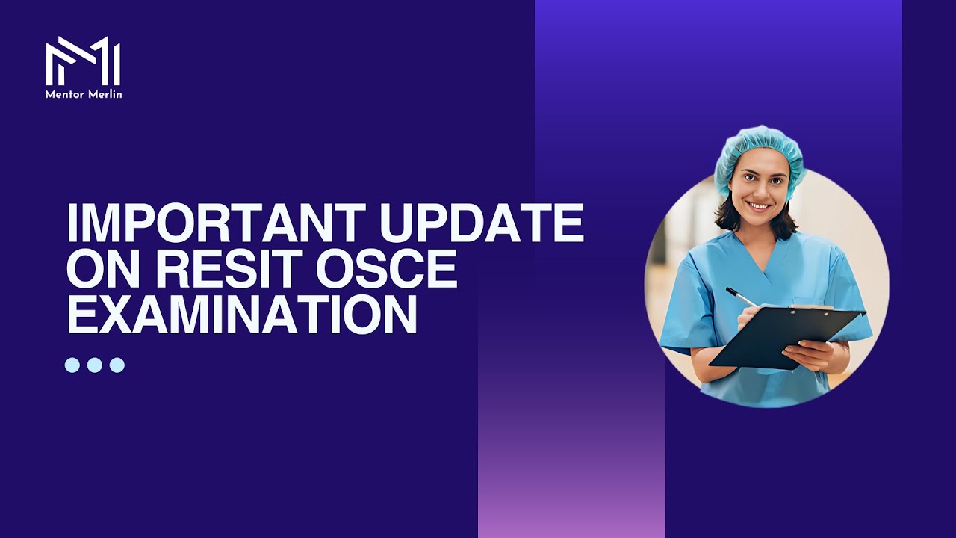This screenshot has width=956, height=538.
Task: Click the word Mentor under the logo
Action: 63,94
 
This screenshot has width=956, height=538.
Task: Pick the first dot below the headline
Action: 72,365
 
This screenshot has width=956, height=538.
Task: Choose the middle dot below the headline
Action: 95,365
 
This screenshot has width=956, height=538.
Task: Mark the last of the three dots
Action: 117,365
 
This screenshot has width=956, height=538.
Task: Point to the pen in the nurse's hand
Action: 739,296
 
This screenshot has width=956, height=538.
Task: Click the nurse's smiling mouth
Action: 757,205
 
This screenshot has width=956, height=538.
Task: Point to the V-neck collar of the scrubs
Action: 762,258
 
